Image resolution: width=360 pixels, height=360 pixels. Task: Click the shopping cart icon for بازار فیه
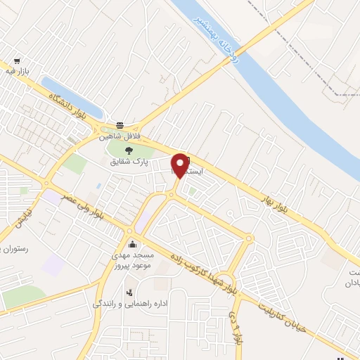pyautogui.click(x=17, y=60)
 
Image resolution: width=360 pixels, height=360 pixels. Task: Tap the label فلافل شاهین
pyautogui.click(x=122, y=135)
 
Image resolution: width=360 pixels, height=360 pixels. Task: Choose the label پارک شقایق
pyautogui.click(x=127, y=161)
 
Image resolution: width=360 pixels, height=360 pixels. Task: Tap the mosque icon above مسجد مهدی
pyautogui.click(x=133, y=245)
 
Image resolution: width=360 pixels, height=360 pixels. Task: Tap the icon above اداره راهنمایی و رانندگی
pyautogui.click(x=129, y=292)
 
